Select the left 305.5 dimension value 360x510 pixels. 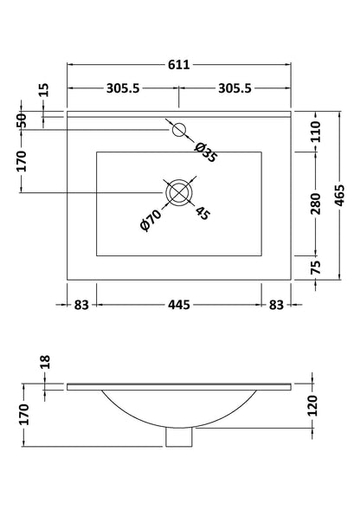pos(124,88)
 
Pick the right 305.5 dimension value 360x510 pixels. pos(234,88)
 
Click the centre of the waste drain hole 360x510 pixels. pos(179,191)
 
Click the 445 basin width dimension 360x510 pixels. pos(179,304)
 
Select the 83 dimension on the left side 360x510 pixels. pos(80,304)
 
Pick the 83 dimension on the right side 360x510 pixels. pos(277,304)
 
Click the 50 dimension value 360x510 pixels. pos(23,120)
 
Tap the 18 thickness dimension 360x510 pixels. pos(44,363)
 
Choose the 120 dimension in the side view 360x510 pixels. pos(316,404)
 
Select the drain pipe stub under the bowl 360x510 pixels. pos(178,438)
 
